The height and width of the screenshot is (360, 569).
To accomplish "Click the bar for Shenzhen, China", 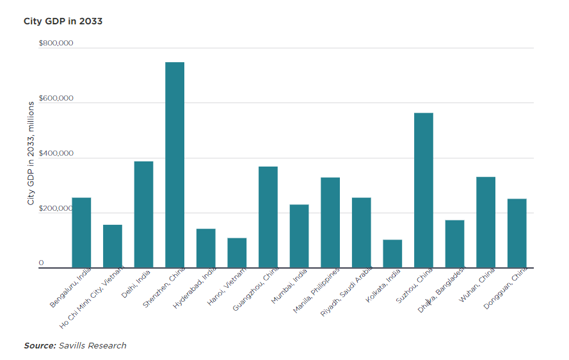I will click(x=175, y=165).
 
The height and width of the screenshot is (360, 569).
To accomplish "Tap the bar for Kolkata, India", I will click(x=392, y=254).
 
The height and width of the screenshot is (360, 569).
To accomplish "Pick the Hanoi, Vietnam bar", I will click(x=237, y=253).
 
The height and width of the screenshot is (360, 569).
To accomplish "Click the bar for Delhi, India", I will click(x=143, y=215).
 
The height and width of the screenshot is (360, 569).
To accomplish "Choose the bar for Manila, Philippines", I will click(x=330, y=222).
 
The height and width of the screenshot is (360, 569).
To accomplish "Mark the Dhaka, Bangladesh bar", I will click(x=454, y=244).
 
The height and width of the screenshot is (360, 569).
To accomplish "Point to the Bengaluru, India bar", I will click(x=81, y=233).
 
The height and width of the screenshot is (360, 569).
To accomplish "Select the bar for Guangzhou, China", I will click(x=268, y=217).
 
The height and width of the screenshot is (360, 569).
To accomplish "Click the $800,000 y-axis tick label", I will click(x=56, y=44).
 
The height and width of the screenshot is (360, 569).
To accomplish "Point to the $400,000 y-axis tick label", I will click(x=56, y=154).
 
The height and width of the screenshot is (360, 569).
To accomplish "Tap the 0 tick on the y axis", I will click(x=41, y=263).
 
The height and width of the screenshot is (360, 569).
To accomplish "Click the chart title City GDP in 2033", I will click(x=63, y=21).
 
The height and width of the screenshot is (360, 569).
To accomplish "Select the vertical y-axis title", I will click(x=30, y=152).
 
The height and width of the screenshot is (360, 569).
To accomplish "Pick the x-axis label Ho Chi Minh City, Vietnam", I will click(x=92, y=300).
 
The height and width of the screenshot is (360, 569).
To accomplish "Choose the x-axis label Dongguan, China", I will click(x=506, y=290).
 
